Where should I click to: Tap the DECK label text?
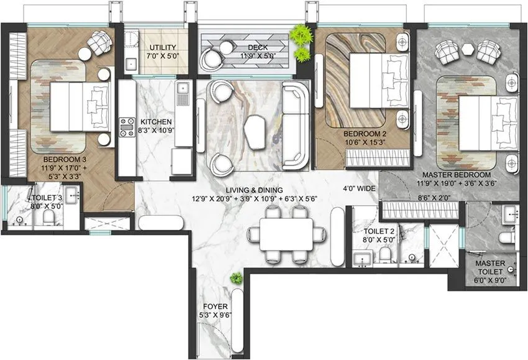click(257, 48)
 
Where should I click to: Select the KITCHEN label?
click(156, 122)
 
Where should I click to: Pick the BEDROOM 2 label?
click(362, 133)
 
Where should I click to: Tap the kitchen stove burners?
click(127, 126)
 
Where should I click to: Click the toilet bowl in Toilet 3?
click(48, 217)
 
